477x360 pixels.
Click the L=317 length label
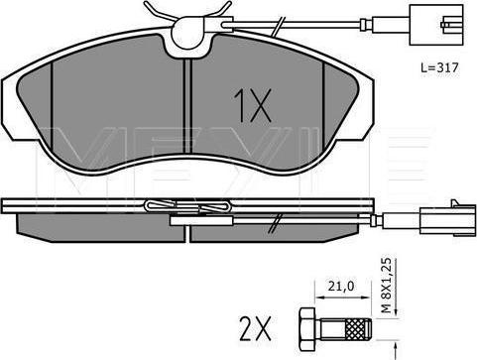point(439,68)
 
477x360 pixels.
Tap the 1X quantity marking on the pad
point(252,105)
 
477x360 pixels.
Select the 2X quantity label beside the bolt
point(255,328)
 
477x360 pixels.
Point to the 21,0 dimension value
point(341,286)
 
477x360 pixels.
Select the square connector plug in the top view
point(436,25)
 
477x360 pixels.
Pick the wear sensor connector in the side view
point(446,218)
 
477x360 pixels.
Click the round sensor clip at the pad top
point(186,34)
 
